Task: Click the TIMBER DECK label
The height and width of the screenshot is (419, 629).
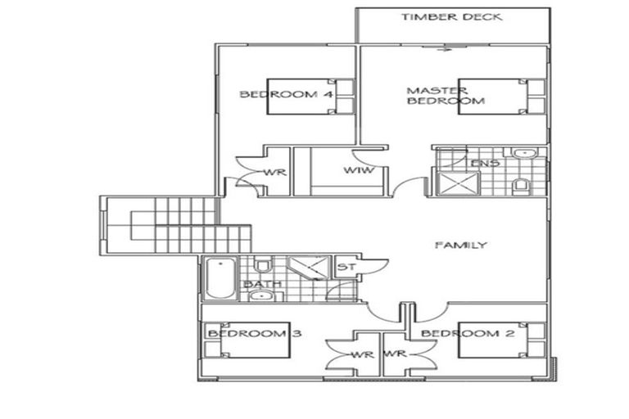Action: [x=451, y=16]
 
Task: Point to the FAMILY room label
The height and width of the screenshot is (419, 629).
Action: [x=460, y=245]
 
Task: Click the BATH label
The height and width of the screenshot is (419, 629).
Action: [x=263, y=284]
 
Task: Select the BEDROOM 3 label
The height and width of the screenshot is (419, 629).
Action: [x=247, y=333]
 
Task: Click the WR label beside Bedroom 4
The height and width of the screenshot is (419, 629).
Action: [x=273, y=172]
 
